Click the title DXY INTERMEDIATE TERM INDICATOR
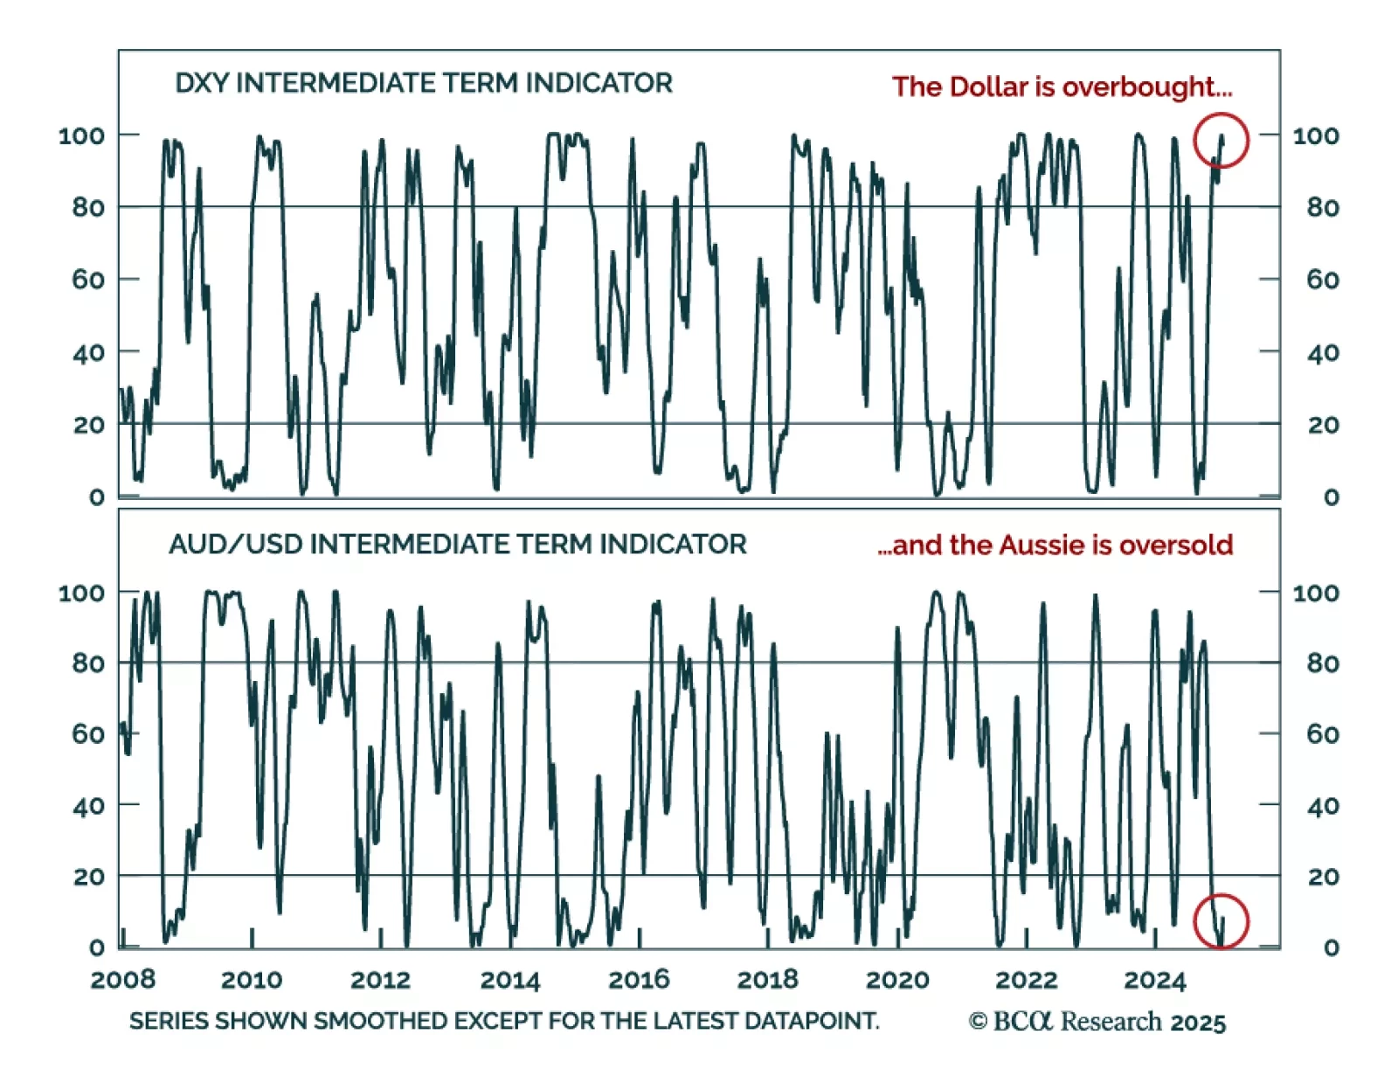coord(424,83)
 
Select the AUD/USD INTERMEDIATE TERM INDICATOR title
coord(457,544)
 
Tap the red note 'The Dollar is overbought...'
coord(1062,87)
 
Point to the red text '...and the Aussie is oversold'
coord(1055,545)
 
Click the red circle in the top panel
coord(1221,140)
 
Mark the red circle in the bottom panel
coord(1221,921)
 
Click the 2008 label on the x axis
coord(122,979)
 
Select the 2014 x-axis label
coord(510,979)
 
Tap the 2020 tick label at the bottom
coord(897,979)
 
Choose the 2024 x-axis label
coord(1155,979)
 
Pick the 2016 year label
coord(639,979)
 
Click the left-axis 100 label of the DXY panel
coord(81,135)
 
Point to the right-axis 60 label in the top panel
coord(1323,280)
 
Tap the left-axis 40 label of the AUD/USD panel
coord(88,805)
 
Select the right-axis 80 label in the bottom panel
coord(1323,663)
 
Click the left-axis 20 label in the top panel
coord(88,425)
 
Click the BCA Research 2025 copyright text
coord(1097,1022)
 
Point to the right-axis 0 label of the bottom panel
coord(1331,948)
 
